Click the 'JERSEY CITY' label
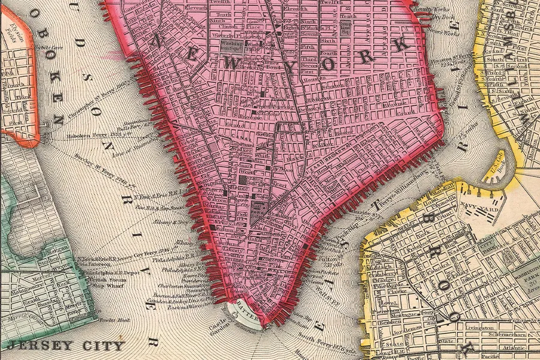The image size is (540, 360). [x=67, y=346]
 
